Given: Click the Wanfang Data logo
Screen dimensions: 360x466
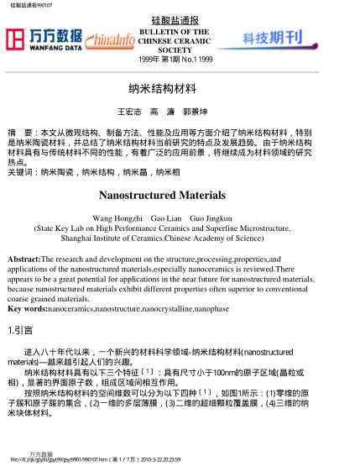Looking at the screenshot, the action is coord(44,39).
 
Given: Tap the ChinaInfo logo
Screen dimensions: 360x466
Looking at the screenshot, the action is coord(109,39).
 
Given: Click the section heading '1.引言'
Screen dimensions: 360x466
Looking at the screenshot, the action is coord(19,330).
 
